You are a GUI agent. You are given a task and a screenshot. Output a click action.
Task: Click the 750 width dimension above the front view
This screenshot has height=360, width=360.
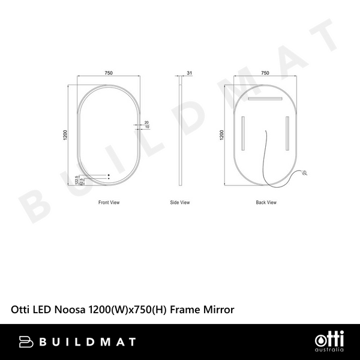[108, 73]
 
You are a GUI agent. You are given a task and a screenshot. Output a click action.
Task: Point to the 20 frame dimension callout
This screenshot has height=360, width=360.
[147, 122]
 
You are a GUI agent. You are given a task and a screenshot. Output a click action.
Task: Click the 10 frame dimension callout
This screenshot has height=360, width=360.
[147, 127]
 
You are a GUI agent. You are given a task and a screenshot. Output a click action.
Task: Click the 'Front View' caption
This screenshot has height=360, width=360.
[109, 203]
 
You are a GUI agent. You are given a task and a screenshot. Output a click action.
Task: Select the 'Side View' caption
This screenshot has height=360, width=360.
[180, 203]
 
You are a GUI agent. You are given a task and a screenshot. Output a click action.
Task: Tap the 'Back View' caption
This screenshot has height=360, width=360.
[266, 203]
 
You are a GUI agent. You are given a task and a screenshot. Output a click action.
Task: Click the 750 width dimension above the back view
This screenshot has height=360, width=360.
[265, 73]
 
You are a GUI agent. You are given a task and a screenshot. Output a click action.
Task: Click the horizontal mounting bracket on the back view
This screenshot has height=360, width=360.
[265, 98]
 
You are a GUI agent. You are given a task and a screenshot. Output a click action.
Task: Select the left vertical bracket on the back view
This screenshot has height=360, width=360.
[243, 133]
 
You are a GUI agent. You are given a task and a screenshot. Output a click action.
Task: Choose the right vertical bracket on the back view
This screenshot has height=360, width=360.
[287, 133]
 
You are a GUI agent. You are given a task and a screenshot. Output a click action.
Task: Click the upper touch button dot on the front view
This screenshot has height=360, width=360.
[109, 175]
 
